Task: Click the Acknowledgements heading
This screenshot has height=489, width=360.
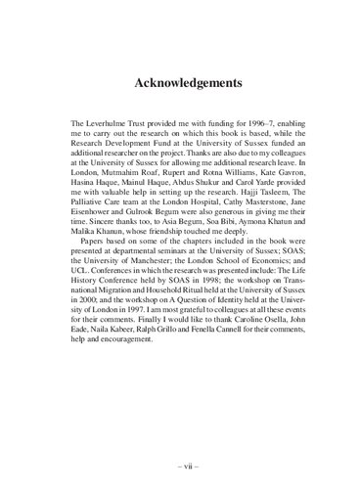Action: pos(180,84)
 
